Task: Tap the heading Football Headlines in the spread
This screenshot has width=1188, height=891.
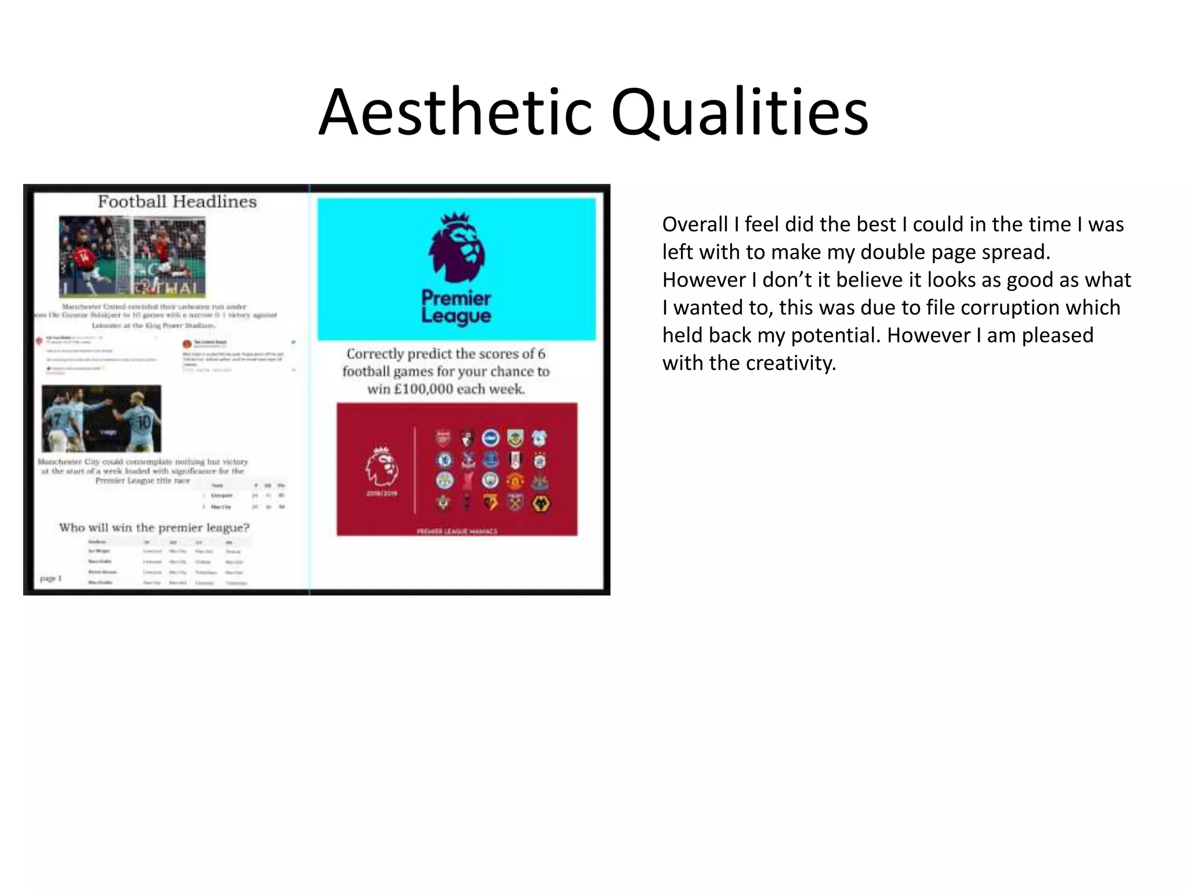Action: point(177,202)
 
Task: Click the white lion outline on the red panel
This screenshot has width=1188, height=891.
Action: point(381,466)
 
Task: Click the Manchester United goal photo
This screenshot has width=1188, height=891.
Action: point(132,256)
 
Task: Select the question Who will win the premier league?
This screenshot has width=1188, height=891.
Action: point(154,528)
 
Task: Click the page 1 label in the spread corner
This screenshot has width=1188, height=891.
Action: point(50,578)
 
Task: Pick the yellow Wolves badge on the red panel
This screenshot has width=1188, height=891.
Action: point(540,504)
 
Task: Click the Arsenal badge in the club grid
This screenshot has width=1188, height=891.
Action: point(443,438)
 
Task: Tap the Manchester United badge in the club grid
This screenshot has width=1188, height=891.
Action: point(515,481)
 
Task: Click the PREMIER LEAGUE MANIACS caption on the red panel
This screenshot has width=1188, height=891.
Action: point(457,531)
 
